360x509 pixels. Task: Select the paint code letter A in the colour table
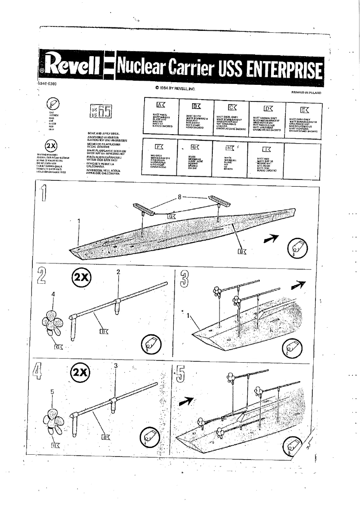(x=160, y=105)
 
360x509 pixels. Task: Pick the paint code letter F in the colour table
(x=158, y=147)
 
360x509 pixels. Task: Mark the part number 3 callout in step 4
(x=115, y=366)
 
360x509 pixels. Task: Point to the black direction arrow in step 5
(x=187, y=400)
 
